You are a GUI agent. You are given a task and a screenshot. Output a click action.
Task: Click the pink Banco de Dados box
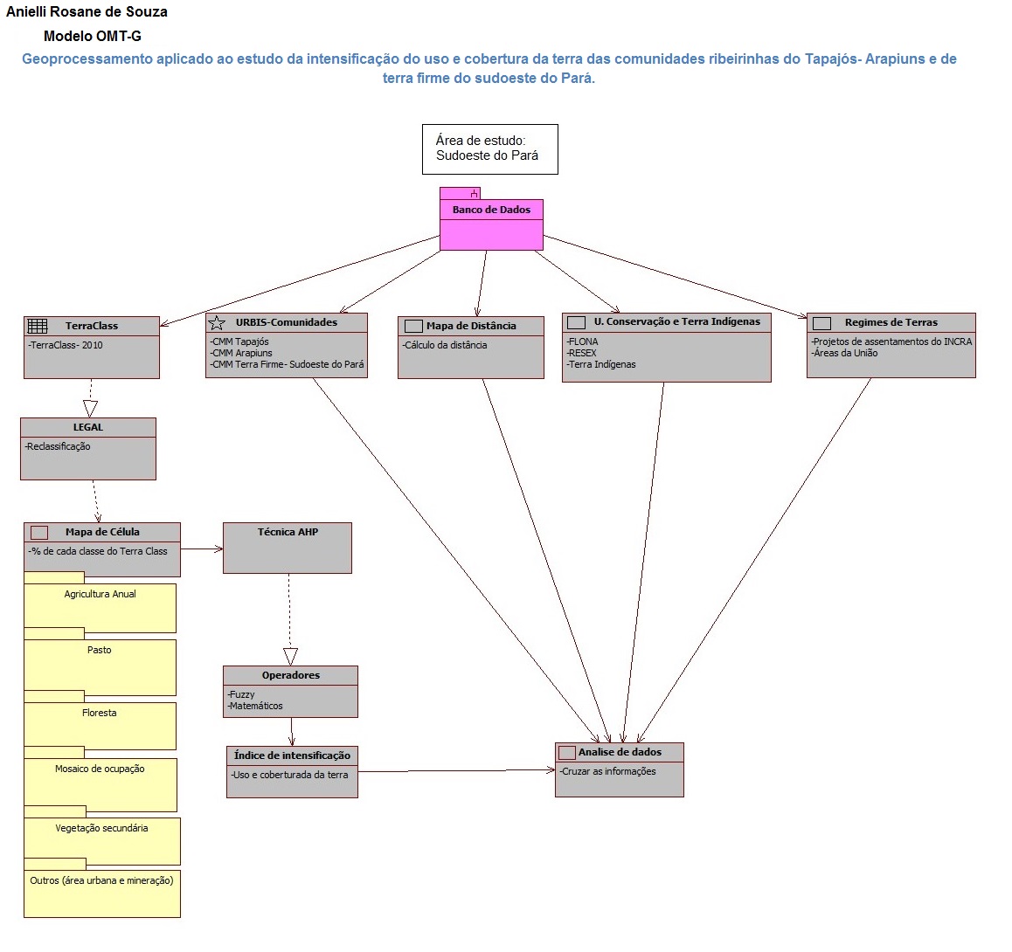(491, 225)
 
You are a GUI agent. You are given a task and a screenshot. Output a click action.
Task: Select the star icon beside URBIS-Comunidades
(217, 322)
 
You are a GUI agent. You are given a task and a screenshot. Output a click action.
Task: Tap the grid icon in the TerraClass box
(38, 326)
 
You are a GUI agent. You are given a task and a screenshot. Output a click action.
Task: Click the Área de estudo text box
(489, 148)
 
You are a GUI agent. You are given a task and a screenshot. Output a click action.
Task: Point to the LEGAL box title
(87, 427)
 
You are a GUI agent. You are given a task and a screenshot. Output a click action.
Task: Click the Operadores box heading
(290, 675)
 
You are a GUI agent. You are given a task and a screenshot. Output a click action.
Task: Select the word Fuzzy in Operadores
(242, 694)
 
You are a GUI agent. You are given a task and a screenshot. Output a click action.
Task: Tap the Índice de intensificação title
(292, 755)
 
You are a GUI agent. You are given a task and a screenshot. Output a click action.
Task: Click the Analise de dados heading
(620, 752)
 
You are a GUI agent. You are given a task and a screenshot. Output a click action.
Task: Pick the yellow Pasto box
(100, 667)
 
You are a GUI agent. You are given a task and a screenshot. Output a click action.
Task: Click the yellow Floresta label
(99, 713)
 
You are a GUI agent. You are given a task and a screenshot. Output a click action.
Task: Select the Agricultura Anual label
(100, 594)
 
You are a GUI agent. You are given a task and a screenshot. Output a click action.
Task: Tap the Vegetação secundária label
(101, 828)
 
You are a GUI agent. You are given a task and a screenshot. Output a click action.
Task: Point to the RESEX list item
(582, 353)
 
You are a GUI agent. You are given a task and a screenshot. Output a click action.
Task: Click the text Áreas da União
(845, 353)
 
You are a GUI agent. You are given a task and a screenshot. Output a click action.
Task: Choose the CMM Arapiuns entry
(242, 353)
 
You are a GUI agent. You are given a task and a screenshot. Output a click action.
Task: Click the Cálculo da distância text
(446, 345)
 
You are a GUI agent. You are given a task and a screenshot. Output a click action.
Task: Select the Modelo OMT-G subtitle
(92, 37)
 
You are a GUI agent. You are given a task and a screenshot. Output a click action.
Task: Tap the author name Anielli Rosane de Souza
(87, 12)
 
